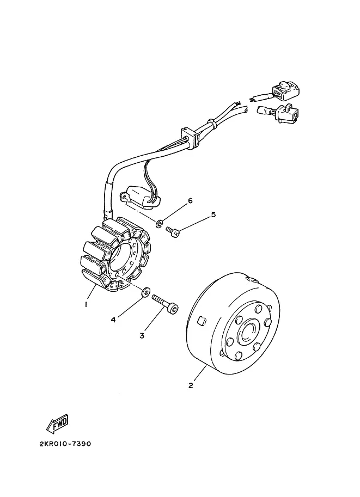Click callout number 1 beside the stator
(x=86, y=304)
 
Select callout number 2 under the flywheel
(x=191, y=385)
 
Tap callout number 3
(x=142, y=335)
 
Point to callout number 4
(x=113, y=320)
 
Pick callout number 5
(x=213, y=214)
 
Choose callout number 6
(x=190, y=201)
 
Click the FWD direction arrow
(x=56, y=422)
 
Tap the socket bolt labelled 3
(x=164, y=304)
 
